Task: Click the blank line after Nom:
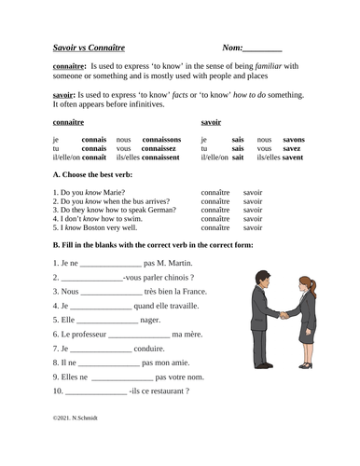[x=262, y=47]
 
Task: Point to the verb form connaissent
[x=158, y=158]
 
